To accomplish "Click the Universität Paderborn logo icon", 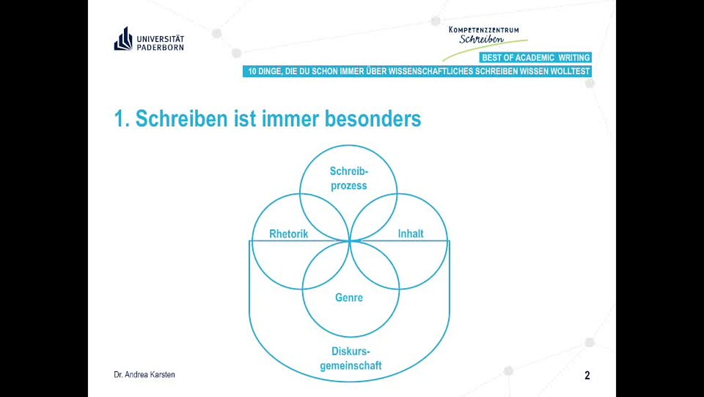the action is pyautogui.click(x=123, y=39).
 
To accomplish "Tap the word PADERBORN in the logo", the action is pyautogui.click(x=160, y=47).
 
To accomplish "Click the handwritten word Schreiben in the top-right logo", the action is pyautogui.click(x=481, y=39).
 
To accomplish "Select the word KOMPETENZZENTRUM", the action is pyautogui.click(x=484, y=30).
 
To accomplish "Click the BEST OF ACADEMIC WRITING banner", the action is pyautogui.click(x=535, y=58).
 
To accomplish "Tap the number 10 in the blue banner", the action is pyautogui.click(x=252, y=71).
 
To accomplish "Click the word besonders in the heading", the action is pyautogui.click(x=373, y=118).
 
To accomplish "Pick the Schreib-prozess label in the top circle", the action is pyautogui.click(x=349, y=178).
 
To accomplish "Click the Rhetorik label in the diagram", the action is pyautogui.click(x=289, y=234).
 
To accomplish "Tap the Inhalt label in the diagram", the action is pyautogui.click(x=410, y=234).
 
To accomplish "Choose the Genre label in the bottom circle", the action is pyautogui.click(x=349, y=297).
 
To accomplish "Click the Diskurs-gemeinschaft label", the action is pyautogui.click(x=351, y=358).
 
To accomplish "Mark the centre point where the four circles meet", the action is pyautogui.click(x=350, y=241).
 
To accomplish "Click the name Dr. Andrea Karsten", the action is pyautogui.click(x=144, y=375).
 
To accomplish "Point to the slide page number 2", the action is pyautogui.click(x=587, y=375).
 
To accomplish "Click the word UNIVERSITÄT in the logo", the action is pyautogui.click(x=160, y=39).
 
